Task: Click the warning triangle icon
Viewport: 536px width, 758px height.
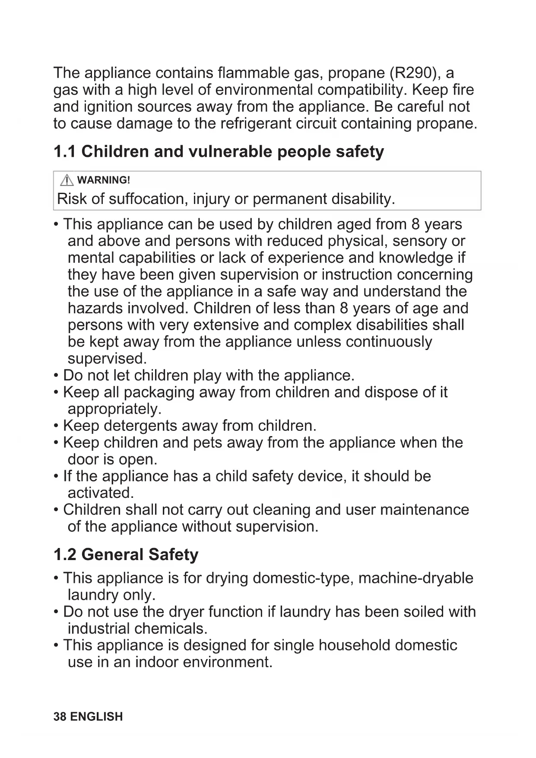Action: click(67, 180)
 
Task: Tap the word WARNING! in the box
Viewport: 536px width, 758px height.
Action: click(104, 180)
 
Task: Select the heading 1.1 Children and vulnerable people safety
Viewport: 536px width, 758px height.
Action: click(219, 152)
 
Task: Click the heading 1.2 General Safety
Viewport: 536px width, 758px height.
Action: click(126, 554)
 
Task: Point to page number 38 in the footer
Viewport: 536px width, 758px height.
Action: click(60, 717)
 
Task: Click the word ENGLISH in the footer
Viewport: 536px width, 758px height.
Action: click(96, 717)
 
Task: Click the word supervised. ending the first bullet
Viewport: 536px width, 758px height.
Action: click(107, 359)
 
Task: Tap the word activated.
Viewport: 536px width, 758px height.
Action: click(101, 493)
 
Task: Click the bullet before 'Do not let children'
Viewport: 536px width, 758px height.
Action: click(56, 376)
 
